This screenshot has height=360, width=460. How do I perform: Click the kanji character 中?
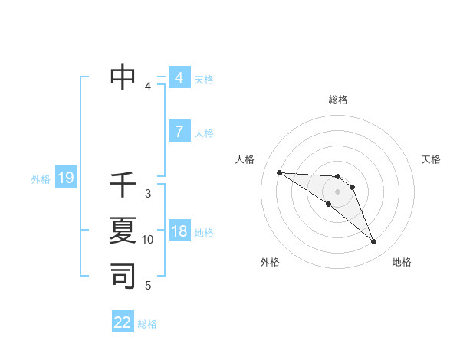(x=123, y=77)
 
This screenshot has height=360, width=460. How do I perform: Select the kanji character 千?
(x=123, y=185)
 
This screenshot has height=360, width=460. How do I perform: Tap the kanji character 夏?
(x=123, y=230)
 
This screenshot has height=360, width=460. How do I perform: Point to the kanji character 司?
(x=123, y=275)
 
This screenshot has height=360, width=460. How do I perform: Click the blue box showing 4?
(x=179, y=78)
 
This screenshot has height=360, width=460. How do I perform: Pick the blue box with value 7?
(x=179, y=132)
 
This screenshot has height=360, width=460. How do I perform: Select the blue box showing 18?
(x=179, y=231)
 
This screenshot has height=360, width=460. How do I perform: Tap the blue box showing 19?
(x=66, y=178)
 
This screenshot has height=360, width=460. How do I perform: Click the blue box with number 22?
(x=123, y=322)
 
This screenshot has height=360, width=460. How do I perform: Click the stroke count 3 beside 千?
(x=148, y=194)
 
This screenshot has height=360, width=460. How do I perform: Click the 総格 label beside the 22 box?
(x=147, y=324)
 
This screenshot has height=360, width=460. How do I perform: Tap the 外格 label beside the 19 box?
(x=41, y=179)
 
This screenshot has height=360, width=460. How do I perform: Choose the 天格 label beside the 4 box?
(x=204, y=80)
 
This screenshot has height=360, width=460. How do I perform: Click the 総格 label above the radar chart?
(x=338, y=100)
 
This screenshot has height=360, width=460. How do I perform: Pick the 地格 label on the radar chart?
(x=402, y=262)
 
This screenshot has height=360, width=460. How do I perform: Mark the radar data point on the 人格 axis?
(x=279, y=172)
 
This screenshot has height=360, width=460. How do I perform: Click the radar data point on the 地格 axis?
(x=373, y=242)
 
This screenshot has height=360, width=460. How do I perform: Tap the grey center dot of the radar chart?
(x=338, y=191)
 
